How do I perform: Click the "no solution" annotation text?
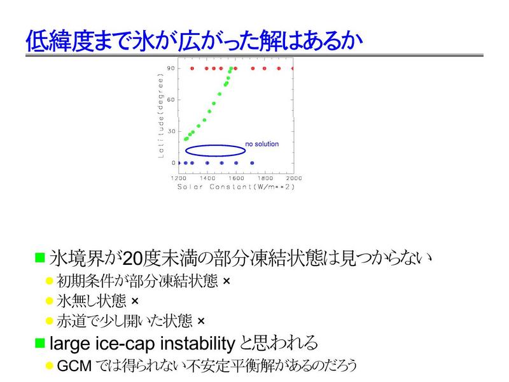(x=262, y=144)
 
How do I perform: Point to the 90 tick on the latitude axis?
(x=171, y=68)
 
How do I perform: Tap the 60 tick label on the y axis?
(x=171, y=100)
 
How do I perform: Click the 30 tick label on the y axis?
(x=171, y=131)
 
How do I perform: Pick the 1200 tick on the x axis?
(x=179, y=178)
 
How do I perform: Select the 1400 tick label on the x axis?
(x=207, y=178)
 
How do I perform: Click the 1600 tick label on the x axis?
(x=236, y=178)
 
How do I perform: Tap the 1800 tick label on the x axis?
(x=265, y=178)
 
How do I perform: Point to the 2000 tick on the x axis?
(x=294, y=178)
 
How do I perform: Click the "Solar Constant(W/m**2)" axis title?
(x=236, y=187)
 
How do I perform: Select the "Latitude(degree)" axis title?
(x=161, y=116)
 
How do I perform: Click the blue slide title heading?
(x=194, y=41)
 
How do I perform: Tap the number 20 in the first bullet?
(x=132, y=259)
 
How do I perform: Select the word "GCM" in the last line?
(x=74, y=365)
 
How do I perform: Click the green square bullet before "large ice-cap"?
(x=40, y=343)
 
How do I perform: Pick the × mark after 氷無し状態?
(x=135, y=301)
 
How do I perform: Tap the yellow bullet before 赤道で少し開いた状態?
(x=50, y=322)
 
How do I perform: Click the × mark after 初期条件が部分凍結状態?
(x=227, y=281)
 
